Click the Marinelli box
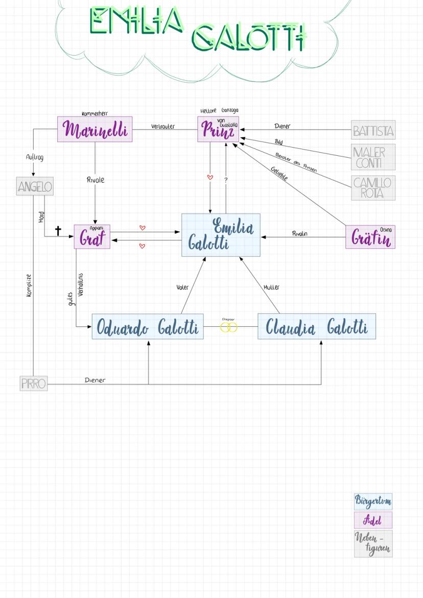(x=95, y=129)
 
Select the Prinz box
(x=218, y=130)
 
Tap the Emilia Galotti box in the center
(x=221, y=235)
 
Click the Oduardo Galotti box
(x=148, y=327)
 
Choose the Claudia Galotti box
(x=316, y=327)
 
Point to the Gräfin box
(x=370, y=237)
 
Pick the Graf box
(x=92, y=237)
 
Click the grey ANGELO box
(x=35, y=187)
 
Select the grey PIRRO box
(x=34, y=383)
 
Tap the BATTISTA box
(x=373, y=130)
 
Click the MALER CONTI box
(x=373, y=157)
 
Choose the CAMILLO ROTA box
(x=373, y=187)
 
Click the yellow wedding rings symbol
(x=229, y=327)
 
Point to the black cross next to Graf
(x=58, y=231)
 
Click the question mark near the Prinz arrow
(x=226, y=180)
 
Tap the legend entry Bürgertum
(x=373, y=501)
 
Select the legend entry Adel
(x=373, y=520)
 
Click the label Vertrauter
(x=163, y=126)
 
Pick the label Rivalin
(x=300, y=233)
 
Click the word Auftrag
(x=35, y=158)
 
